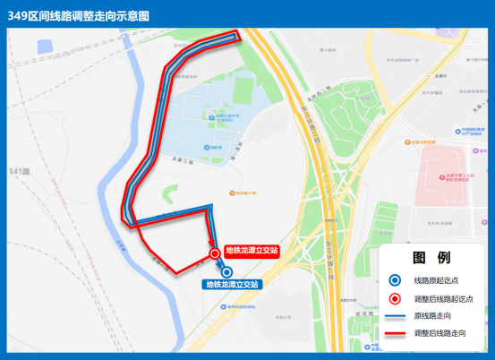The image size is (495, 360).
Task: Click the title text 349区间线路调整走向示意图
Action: [79, 16]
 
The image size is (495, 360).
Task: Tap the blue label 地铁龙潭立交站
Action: [232, 284]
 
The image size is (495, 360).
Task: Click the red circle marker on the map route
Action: [215, 254]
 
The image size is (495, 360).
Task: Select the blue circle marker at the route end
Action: [226, 271]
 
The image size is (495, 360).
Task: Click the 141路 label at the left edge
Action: [20, 170]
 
